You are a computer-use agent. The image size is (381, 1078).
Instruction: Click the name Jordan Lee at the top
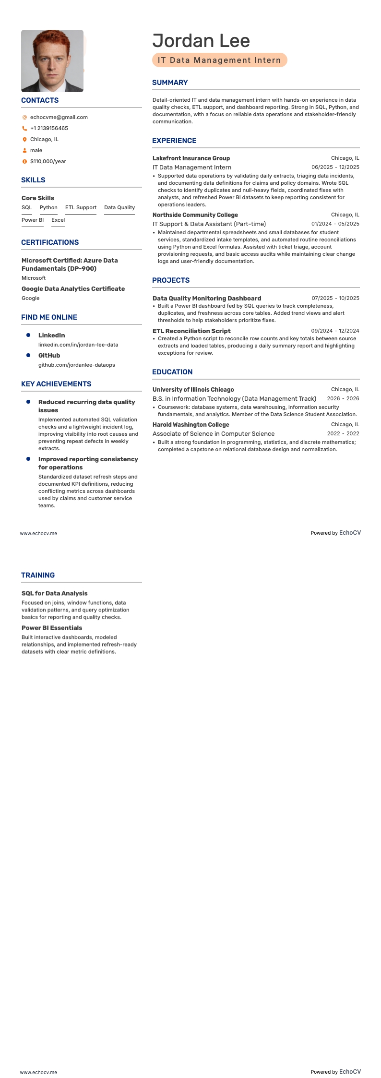pyautogui.click(x=201, y=41)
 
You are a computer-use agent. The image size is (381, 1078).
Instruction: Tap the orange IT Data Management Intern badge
pyautogui.click(x=219, y=60)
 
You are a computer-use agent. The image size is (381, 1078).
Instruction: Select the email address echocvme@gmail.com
pyautogui.click(x=59, y=117)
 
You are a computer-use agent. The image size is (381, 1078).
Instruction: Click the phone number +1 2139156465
pyautogui.click(x=49, y=128)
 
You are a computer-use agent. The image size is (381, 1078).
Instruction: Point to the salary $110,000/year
pyautogui.click(x=48, y=161)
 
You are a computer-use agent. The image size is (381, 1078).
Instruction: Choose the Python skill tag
pyautogui.click(x=48, y=207)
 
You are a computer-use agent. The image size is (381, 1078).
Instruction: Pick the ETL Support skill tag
pyautogui.click(x=81, y=207)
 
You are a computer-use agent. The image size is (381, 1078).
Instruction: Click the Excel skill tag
pyautogui.click(x=58, y=220)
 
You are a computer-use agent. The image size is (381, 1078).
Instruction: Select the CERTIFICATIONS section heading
pyautogui.click(x=50, y=242)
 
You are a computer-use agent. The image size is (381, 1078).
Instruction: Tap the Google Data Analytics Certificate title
pyautogui.click(x=73, y=288)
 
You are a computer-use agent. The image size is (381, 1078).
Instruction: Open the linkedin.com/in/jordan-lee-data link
pyautogui.click(x=78, y=345)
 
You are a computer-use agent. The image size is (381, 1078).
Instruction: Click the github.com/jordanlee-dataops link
pyautogui.click(x=77, y=365)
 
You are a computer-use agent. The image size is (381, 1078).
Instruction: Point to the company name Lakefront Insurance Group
pyautogui.click(x=191, y=158)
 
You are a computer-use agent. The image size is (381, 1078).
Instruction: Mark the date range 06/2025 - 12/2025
pyautogui.click(x=335, y=167)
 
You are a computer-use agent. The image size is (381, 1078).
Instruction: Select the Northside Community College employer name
pyautogui.click(x=195, y=215)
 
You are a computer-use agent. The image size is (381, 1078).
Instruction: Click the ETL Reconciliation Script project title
pyautogui.click(x=191, y=331)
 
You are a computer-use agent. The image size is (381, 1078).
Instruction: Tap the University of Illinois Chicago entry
pyautogui.click(x=193, y=389)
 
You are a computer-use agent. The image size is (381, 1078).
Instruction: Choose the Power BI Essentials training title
pyautogui.click(x=52, y=628)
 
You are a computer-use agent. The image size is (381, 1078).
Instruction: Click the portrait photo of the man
pyautogui.click(x=52, y=61)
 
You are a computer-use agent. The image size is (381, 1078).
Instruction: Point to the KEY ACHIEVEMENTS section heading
pyautogui.click(x=56, y=384)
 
